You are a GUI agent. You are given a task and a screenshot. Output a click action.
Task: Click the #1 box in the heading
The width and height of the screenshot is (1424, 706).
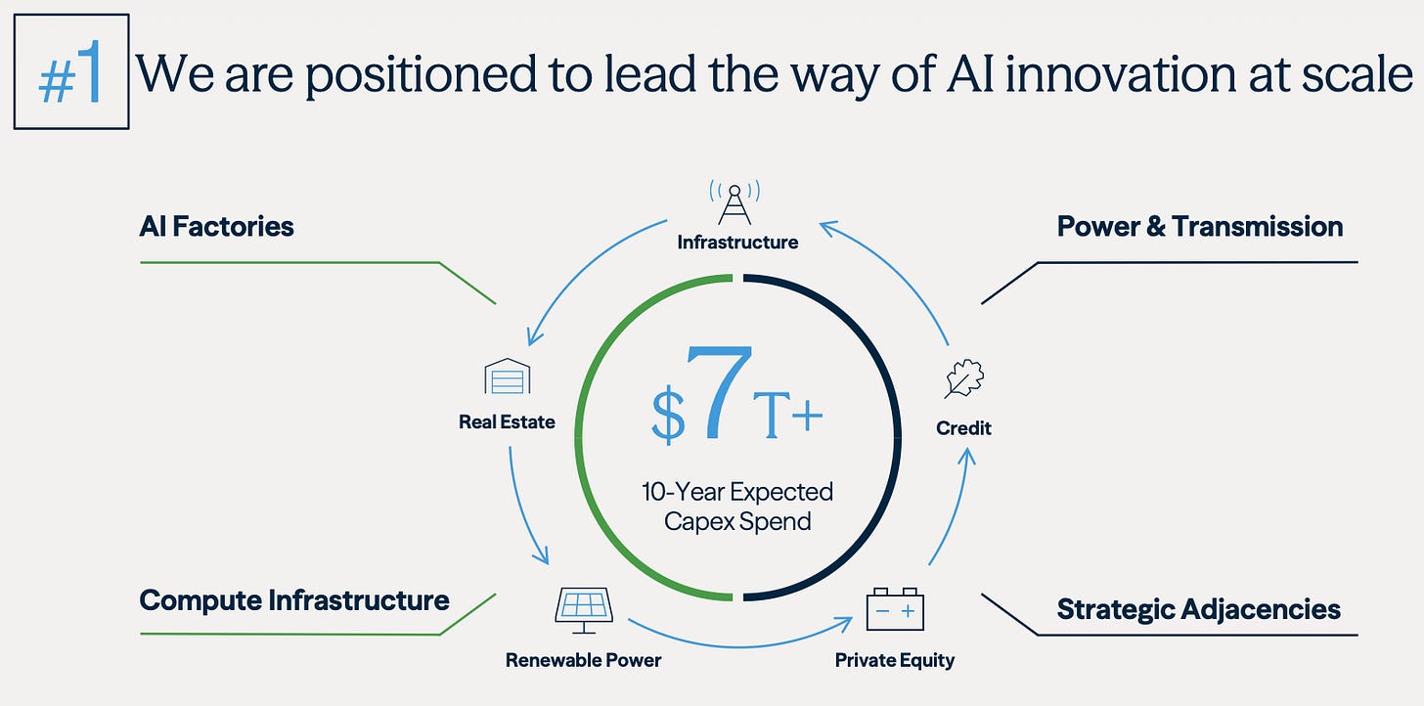[x=71, y=71]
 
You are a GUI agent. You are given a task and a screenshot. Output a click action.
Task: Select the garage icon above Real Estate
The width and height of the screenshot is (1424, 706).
[x=507, y=376]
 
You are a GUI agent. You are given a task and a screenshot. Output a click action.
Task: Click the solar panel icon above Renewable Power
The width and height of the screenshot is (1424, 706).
[x=584, y=607]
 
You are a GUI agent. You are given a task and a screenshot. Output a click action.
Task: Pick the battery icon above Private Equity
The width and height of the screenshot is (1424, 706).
[x=895, y=608]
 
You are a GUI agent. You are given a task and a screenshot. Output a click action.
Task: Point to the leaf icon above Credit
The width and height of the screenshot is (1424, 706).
[x=963, y=379]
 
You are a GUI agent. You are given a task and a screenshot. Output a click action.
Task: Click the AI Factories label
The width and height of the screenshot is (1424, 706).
[x=216, y=227]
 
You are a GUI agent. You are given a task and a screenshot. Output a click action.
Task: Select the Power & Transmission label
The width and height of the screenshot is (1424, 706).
[x=1199, y=227]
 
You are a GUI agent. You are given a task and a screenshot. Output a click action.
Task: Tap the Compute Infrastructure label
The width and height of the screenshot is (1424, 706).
[x=294, y=599]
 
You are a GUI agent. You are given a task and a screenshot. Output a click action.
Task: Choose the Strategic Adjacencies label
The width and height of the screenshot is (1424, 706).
[x=1198, y=609]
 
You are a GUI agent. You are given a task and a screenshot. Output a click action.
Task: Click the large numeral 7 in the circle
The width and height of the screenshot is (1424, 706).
[x=720, y=394]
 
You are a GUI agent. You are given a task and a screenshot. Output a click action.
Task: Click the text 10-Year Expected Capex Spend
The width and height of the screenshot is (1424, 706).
[x=737, y=506]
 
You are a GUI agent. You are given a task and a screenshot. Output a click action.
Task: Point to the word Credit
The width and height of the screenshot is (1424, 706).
[x=963, y=428]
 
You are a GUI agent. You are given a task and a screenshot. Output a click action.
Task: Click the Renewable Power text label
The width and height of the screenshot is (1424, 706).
[x=583, y=660]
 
